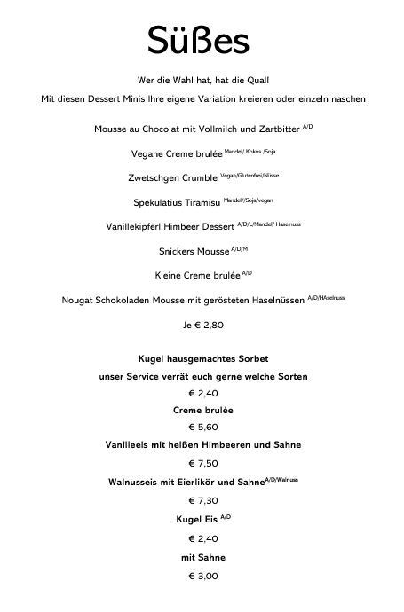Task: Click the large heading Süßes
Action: click(x=198, y=41)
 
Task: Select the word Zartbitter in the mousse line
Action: click(x=276, y=130)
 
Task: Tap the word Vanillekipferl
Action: click(x=138, y=226)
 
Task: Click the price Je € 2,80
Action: click(x=202, y=325)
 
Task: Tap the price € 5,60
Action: click(x=202, y=427)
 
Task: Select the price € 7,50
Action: click(x=202, y=463)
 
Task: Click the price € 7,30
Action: click(x=202, y=500)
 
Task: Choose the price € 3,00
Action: click(x=202, y=576)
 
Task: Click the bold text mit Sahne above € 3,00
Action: click(x=202, y=557)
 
